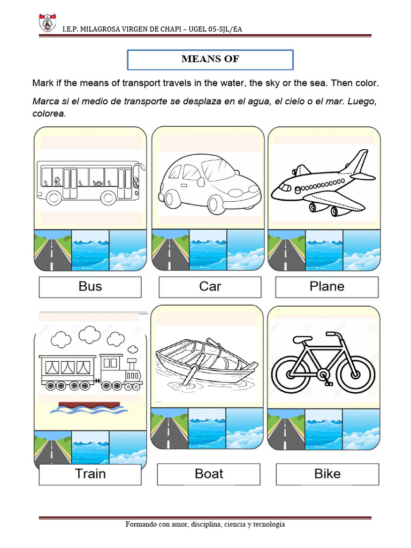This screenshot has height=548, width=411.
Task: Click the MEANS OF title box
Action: point(210,59)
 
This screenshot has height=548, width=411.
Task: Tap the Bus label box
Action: point(90,287)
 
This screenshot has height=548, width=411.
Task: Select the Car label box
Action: point(210,287)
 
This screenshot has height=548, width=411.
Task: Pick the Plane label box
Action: point(326,287)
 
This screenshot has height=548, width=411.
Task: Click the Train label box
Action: point(90,474)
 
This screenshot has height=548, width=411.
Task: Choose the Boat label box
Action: point(209,474)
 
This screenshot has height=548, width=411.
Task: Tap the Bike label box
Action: point(327,474)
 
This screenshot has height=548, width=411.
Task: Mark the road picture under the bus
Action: point(52,250)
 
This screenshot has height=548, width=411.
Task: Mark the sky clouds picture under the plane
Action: point(362,250)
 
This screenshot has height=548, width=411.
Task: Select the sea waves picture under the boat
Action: point(207,428)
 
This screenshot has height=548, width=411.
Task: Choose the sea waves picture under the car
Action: point(208,250)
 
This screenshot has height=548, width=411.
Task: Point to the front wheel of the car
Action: point(217,204)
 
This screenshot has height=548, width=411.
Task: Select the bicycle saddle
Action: point(303,339)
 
